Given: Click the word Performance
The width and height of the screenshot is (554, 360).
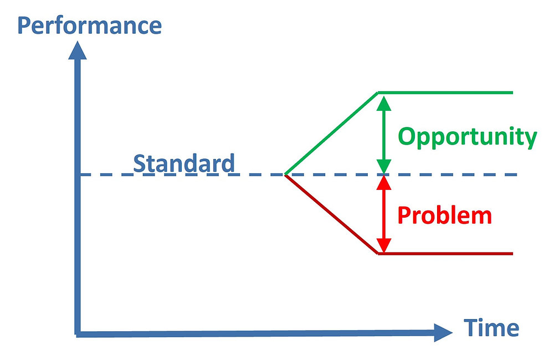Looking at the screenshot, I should pyautogui.click(x=90, y=25).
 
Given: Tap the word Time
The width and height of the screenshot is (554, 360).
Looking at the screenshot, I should pyautogui.click(x=491, y=327).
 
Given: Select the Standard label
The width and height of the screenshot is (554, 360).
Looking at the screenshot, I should pyautogui.click(x=184, y=163).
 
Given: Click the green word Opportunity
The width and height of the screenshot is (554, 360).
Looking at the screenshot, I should pyautogui.click(x=467, y=136).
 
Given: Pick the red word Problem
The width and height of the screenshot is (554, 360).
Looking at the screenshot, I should pyautogui.click(x=444, y=215).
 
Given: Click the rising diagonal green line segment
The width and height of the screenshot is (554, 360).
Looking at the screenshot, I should pyautogui.click(x=331, y=133).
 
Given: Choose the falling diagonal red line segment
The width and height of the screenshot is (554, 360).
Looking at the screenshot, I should pyautogui.click(x=331, y=214).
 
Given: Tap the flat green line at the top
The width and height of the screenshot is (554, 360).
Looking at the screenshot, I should pyautogui.click(x=446, y=92).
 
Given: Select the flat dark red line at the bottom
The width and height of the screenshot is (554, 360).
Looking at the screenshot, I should pyautogui.click(x=446, y=254).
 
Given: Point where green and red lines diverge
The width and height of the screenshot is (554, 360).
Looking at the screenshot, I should pyautogui.click(x=285, y=174).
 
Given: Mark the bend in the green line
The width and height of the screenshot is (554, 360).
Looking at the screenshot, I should pyautogui.click(x=378, y=92).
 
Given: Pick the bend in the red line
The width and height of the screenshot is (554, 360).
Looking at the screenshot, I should pyautogui.click(x=378, y=254).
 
